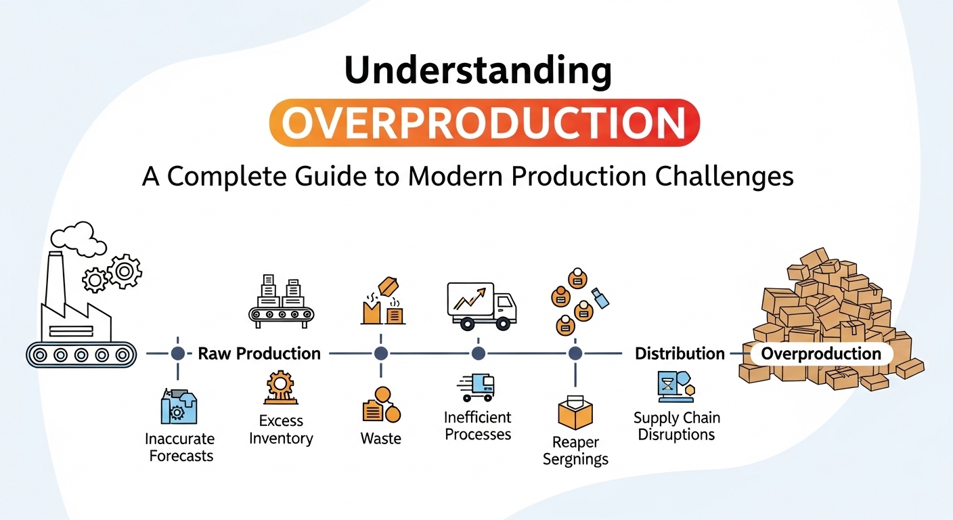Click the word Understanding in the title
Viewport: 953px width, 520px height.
point(478,70)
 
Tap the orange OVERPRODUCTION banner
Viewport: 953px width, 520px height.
point(485,123)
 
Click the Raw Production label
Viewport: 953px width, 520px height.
point(259,353)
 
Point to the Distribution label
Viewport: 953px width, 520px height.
point(680,353)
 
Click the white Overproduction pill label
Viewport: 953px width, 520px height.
point(821,354)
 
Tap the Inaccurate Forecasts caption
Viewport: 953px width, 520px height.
point(181,448)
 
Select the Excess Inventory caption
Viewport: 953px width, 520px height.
point(281,429)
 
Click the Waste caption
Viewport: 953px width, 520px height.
point(381,438)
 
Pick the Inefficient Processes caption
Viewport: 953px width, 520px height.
point(478,426)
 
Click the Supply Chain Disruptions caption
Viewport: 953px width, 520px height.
point(676,426)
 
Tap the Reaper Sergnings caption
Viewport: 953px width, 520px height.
point(575,451)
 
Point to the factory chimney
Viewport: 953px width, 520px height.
point(56,283)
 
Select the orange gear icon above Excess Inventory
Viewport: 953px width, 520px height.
point(280,387)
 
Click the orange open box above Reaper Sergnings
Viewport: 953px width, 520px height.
point(575,412)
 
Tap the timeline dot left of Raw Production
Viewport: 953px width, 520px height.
point(178,353)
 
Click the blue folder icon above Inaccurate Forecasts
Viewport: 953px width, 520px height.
point(179,406)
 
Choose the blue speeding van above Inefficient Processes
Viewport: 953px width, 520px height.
point(476,387)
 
